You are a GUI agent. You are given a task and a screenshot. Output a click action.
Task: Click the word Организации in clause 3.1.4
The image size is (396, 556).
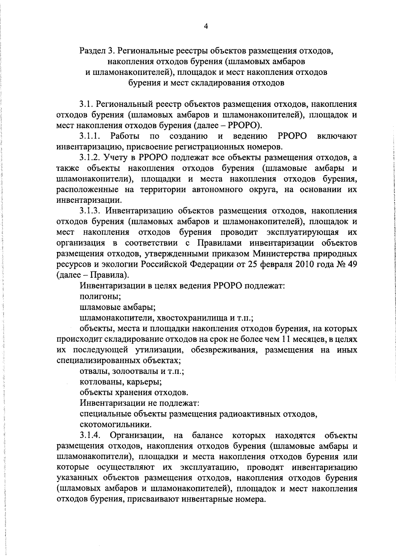pyautogui.click(x=137, y=436)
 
